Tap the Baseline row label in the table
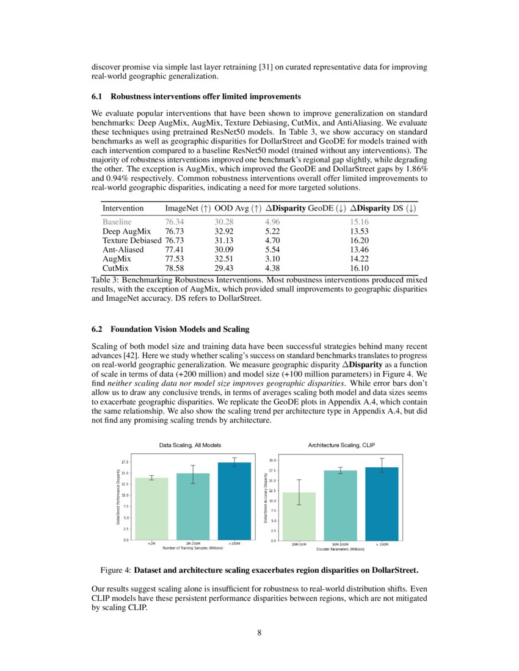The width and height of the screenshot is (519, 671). [117, 223]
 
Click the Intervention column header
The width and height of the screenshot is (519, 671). [124, 209]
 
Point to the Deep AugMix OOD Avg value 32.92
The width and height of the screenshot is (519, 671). [225, 232]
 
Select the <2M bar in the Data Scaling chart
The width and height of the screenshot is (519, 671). [151, 508]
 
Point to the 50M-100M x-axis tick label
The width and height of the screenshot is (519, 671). [341, 544]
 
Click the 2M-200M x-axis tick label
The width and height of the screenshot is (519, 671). [193, 544]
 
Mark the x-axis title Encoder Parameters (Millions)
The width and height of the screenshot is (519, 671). [340, 549]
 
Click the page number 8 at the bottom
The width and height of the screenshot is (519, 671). [259, 633]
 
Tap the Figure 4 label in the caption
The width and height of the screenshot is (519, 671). [115, 571]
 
